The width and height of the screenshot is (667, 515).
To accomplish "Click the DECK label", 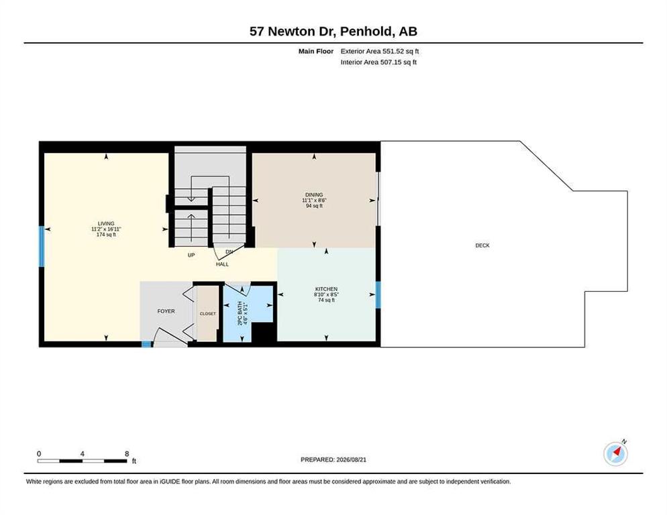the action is click(x=482, y=245).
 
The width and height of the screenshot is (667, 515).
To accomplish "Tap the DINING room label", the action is click(x=314, y=194).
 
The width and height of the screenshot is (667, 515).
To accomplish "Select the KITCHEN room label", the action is click(x=326, y=289).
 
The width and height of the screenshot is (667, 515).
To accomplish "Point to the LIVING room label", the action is click(x=106, y=224).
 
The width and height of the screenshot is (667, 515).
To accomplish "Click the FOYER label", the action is click(x=166, y=311).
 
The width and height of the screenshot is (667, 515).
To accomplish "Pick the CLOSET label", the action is click(x=207, y=314).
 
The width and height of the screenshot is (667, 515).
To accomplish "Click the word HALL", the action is click(x=222, y=264).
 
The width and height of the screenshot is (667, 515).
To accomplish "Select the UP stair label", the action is click(x=191, y=255).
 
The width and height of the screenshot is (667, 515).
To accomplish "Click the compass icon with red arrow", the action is click(x=616, y=454).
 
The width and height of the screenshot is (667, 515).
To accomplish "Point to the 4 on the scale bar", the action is click(x=82, y=454).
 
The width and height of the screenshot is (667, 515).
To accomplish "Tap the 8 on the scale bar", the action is click(x=127, y=454).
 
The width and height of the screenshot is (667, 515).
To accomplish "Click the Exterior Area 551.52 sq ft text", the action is click(x=380, y=51).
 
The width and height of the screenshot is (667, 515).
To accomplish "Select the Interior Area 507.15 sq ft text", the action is click(x=378, y=62).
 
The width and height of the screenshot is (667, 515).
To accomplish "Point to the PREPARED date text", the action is click(x=333, y=460).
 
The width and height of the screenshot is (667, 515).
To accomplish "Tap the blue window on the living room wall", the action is click(x=42, y=247).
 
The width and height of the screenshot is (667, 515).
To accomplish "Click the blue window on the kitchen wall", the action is click(x=378, y=295).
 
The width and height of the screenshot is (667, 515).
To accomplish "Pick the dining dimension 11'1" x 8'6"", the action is click(x=314, y=201).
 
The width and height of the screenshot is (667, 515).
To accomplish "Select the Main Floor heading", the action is click(x=316, y=51).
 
